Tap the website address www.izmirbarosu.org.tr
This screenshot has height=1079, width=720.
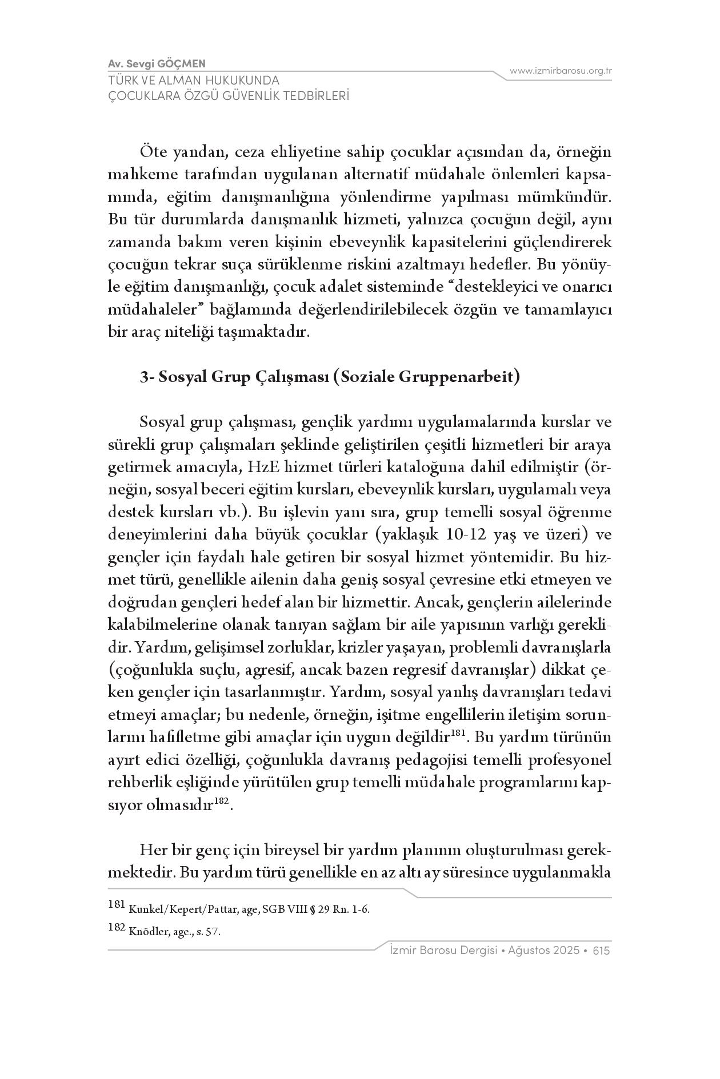[561, 71]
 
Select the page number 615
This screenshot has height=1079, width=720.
[602, 951]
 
